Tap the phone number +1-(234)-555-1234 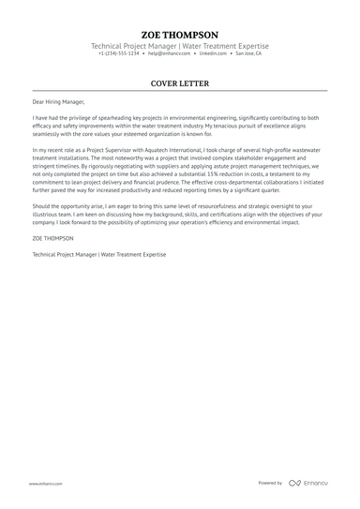coord(119,53)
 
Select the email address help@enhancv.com coord(167,53)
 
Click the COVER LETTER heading coord(180,83)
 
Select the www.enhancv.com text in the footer coord(45,483)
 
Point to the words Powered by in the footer coord(270,483)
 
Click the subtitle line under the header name coord(180,45)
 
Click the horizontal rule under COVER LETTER coord(180,91)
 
